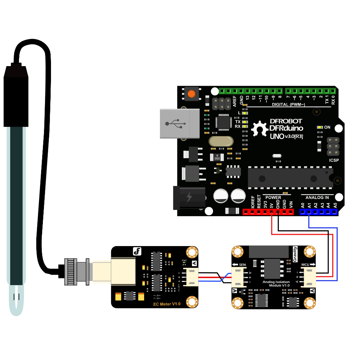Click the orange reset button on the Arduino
191,94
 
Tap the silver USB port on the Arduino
179,123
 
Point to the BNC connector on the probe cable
75,271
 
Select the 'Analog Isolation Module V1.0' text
276,283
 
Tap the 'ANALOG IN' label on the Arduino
317,198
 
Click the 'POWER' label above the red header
273,198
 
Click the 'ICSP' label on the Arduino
334,160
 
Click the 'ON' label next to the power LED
327,127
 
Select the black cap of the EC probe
16,95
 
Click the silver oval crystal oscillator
221,141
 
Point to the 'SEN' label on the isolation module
243,264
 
